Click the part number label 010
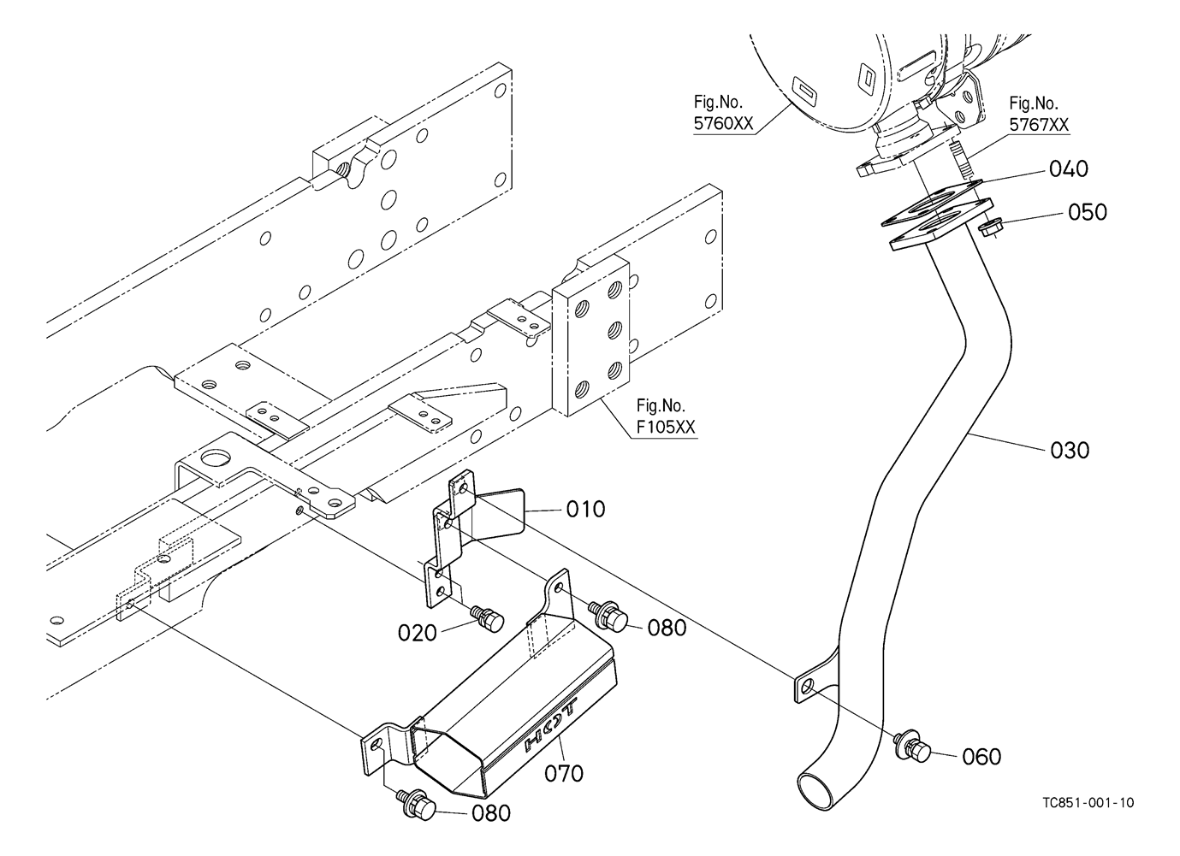point(585,509)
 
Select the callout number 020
point(418,633)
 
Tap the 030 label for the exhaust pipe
point(1070,450)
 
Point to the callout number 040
point(1068,169)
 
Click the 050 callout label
point(1088,212)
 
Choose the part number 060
point(981,757)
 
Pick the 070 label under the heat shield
point(564,774)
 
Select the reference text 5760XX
point(723,123)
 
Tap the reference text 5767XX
point(1039,125)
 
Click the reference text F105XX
point(666,427)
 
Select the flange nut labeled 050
point(990,228)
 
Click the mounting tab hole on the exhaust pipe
point(807,687)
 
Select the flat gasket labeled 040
point(931,203)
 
